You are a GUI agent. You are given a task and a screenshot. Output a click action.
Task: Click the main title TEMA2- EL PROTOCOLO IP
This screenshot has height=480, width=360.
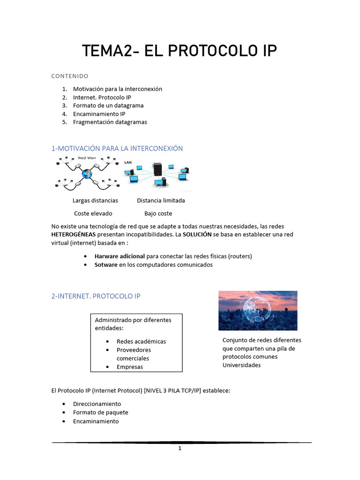point(180,51)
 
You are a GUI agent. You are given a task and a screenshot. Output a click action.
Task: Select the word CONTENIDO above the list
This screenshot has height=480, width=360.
point(70,76)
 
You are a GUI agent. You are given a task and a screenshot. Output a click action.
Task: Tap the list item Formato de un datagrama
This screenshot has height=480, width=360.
point(108,105)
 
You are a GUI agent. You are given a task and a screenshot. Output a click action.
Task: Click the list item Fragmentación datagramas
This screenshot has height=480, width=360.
point(110,122)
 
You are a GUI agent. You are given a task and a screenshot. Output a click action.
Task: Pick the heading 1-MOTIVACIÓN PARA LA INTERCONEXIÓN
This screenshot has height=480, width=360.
point(117,148)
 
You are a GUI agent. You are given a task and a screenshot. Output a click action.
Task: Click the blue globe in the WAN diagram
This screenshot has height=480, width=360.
point(86,174)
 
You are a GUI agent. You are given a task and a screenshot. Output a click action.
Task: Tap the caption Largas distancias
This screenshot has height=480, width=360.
point(95,200)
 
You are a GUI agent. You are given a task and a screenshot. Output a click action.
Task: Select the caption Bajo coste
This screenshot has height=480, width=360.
point(158,213)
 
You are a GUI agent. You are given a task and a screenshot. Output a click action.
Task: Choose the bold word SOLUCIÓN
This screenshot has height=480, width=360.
point(194,234)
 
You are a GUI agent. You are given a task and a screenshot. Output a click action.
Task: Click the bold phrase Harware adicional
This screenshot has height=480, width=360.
point(120,256)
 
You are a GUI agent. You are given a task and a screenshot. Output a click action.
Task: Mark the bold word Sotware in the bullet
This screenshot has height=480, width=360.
point(106,264)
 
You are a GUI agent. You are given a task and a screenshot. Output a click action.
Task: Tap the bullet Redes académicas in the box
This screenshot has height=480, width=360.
point(141,341)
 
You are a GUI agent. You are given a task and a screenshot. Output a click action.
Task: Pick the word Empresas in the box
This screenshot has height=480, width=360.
point(130,367)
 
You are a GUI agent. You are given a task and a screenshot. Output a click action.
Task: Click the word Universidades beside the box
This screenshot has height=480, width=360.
point(241,365)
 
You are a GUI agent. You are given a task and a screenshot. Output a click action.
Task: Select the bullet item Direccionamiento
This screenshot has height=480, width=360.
point(97,404)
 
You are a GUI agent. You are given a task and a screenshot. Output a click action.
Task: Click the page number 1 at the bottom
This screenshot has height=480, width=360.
point(180,449)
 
